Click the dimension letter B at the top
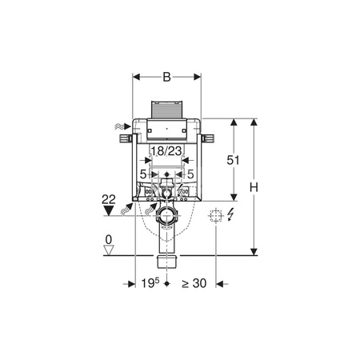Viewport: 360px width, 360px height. [x=166, y=78]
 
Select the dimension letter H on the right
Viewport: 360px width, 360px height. [x=254, y=186]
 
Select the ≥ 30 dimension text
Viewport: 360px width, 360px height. [x=194, y=283]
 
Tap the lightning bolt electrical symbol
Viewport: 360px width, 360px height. [x=232, y=215]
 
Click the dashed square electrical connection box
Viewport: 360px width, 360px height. [x=214, y=215]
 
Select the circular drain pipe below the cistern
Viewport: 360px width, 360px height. [x=166, y=216]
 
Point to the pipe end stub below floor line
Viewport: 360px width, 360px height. [x=166, y=262]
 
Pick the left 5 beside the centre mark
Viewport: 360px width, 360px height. [x=144, y=174]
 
